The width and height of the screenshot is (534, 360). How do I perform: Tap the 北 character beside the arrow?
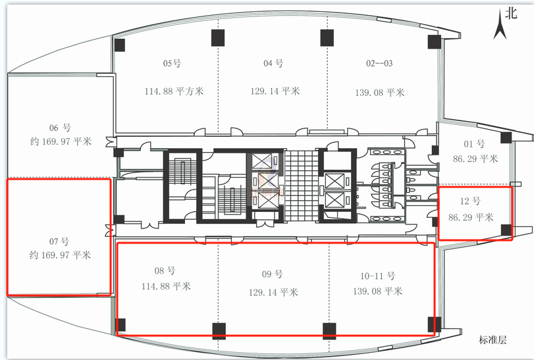[511, 13]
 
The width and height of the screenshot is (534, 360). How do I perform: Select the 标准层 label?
[493, 340]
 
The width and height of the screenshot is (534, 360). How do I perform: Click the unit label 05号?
[172, 63]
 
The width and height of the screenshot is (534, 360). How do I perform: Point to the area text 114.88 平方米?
[174, 91]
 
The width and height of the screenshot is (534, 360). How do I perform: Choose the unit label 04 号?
[273, 63]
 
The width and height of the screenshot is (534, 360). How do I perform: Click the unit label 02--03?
[379, 63]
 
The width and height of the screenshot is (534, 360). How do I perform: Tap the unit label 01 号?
[474, 144]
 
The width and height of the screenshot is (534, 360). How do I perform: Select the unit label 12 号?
[470, 201]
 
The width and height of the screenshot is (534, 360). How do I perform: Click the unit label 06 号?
[61, 128]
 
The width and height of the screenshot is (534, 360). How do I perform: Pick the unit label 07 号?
[59, 242]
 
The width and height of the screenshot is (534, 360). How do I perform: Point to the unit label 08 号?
[165, 271]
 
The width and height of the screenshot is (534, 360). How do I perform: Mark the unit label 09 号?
[272, 274]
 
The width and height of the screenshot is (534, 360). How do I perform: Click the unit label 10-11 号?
[378, 276]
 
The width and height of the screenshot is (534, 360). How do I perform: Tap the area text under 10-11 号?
[378, 292]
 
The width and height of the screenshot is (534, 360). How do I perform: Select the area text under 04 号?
[275, 91]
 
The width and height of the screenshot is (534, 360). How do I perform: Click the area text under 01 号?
[475, 159]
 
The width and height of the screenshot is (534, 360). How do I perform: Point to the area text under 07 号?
[60, 255]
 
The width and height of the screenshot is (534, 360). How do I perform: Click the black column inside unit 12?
[506, 230]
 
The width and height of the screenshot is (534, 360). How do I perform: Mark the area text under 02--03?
[380, 93]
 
